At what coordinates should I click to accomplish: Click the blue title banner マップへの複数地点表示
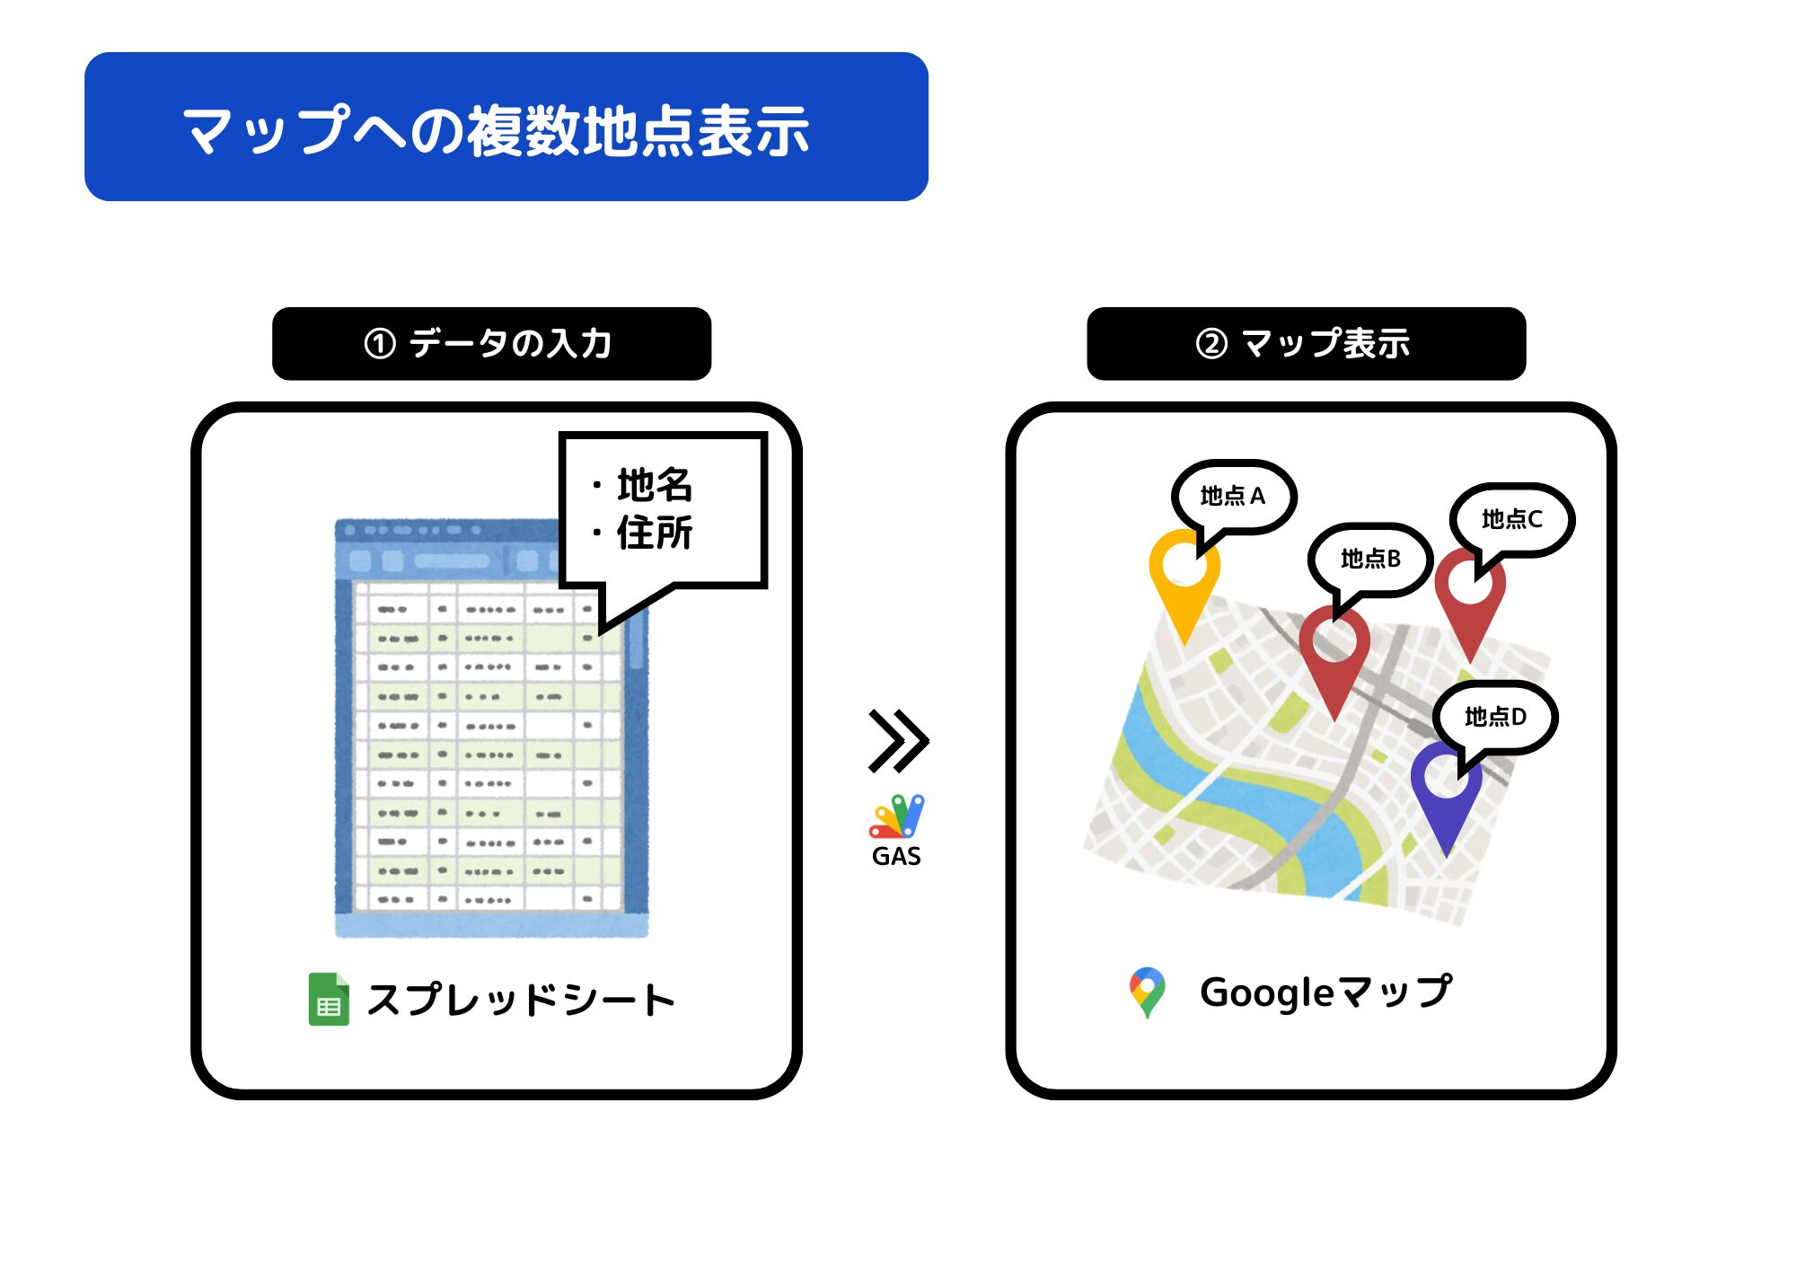click(506, 127)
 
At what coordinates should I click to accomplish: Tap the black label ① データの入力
click(491, 344)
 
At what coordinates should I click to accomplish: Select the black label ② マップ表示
click(1306, 344)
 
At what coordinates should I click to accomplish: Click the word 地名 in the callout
click(655, 485)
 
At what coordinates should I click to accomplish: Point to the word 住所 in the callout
click(655, 533)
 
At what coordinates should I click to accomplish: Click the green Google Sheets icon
click(329, 999)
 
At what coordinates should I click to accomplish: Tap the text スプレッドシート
click(521, 1000)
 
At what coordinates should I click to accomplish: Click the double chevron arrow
click(898, 741)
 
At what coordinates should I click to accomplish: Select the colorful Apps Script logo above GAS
click(896, 816)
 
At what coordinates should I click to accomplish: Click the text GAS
click(896, 856)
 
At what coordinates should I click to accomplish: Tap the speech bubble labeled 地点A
click(1232, 498)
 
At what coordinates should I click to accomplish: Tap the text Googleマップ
click(1325, 992)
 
